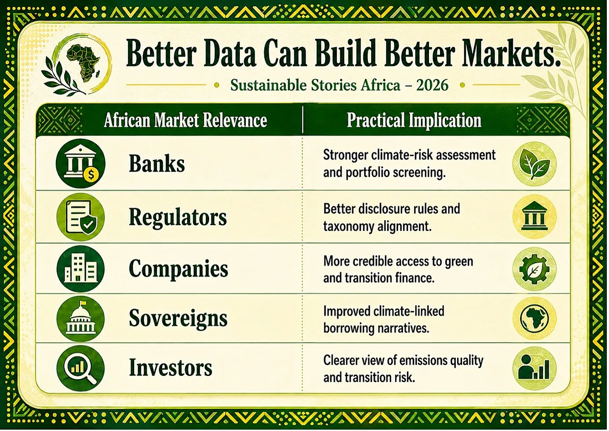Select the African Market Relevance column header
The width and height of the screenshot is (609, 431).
pyautogui.click(x=185, y=120)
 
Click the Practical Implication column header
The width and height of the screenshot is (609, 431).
pyautogui.click(x=414, y=120)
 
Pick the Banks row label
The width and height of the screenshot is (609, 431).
pyautogui.click(x=157, y=164)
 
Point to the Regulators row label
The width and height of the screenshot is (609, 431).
pyautogui.click(x=177, y=217)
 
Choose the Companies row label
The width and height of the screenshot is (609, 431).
pyautogui.click(x=178, y=269)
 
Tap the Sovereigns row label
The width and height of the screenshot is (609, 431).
pyautogui.click(x=178, y=318)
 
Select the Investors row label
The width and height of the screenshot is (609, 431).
pyautogui.click(x=170, y=367)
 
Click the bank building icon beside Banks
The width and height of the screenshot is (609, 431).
pyautogui.click(x=81, y=164)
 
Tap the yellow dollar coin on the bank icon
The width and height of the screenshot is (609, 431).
pyautogui.click(x=91, y=175)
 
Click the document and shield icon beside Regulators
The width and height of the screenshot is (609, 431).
pyautogui.click(x=81, y=217)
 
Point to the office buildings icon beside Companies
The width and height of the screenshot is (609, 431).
pyautogui.click(x=81, y=269)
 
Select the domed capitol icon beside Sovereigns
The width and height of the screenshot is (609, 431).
pyautogui.click(x=81, y=318)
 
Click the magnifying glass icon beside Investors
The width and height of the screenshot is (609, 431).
pyautogui.click(x=81, y=368)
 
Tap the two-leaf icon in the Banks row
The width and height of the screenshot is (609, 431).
pyautogui.click(x=535, y=164)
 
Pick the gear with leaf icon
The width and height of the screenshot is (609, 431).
pyautogui.click(x=535, y=269)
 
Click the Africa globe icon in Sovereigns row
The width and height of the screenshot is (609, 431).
pyautogui.click(x=535, y=318)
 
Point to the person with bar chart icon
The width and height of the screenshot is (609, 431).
pyautogui.click(x=535, y=368)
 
